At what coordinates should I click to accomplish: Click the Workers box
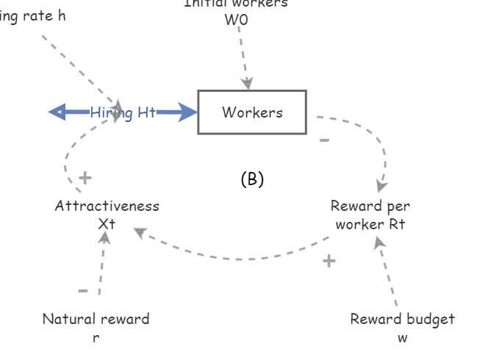[x=252, y=112]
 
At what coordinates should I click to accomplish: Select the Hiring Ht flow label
[x=123, y=112]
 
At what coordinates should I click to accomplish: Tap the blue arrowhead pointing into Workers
[x=188, y=112]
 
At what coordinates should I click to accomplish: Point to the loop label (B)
[x=252, y=179]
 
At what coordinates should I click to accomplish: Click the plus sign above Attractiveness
[x=85, y=178]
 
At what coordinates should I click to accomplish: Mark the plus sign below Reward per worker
[x=329, y=261]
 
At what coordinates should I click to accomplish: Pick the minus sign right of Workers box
[x=324, y=140]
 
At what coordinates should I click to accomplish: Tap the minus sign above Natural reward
[x=83, y=291]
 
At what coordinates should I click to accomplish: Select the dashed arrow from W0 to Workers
[x=243, y=55]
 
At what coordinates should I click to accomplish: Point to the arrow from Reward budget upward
[x=387, y=272]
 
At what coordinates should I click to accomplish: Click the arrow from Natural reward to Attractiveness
[x=102, y=264]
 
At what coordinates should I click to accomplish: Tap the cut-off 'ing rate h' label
[x=32, y=15]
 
